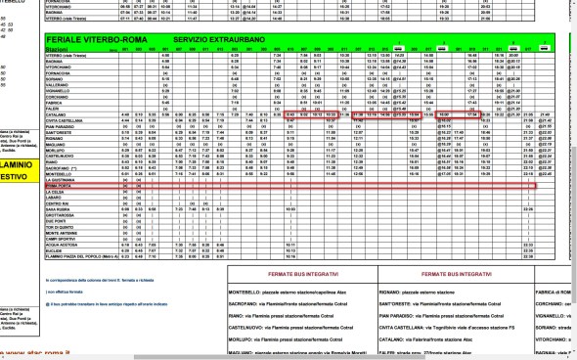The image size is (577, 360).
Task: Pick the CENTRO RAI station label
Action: pos(60,203)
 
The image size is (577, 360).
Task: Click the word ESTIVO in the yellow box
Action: pos(14,177)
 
